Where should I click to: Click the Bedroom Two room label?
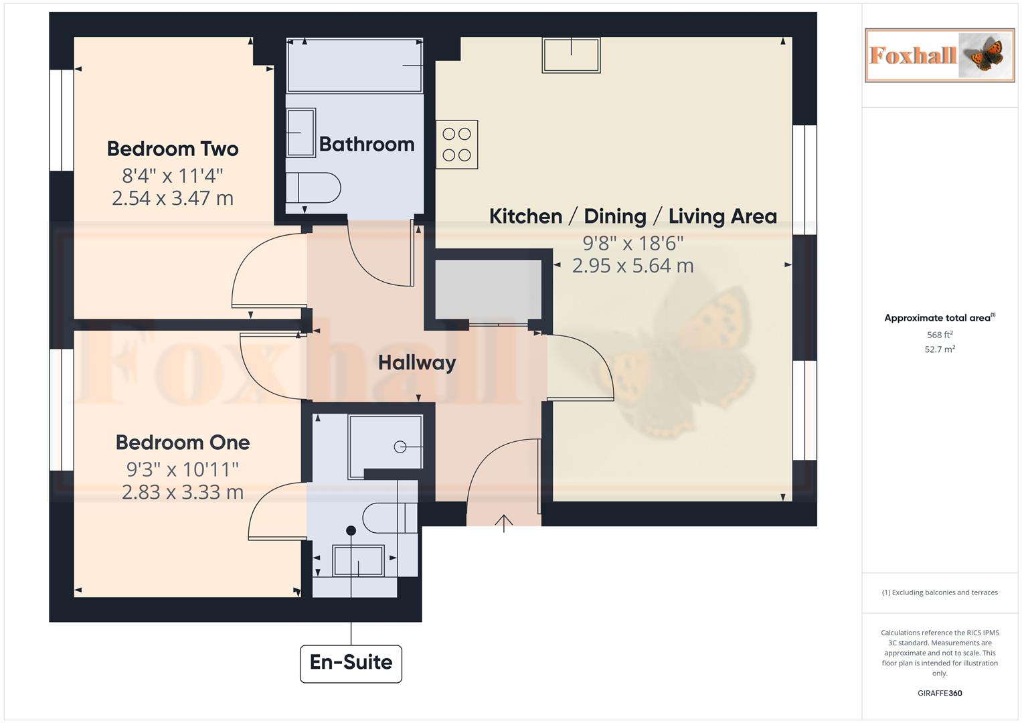[173, 149]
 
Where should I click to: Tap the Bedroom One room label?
[182, 443]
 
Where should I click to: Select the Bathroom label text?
[366, 144]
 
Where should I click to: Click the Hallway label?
[416, 363]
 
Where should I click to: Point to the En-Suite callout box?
[351, 663]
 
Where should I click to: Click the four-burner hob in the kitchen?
[457, 145]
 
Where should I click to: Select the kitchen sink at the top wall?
[571, 55]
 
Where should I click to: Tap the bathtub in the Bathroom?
[355, 66]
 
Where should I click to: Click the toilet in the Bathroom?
[313, 188]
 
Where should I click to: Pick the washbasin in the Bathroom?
[301, 133]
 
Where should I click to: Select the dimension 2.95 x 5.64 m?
[632, 266]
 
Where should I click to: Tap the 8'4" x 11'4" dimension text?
[173, 175]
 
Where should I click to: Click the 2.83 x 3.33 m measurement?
[182, 492]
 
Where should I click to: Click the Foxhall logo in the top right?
[940, 56]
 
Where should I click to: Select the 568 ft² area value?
[940, 335]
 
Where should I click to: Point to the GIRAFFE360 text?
[940, 693]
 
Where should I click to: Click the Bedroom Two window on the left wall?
[62, 120]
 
